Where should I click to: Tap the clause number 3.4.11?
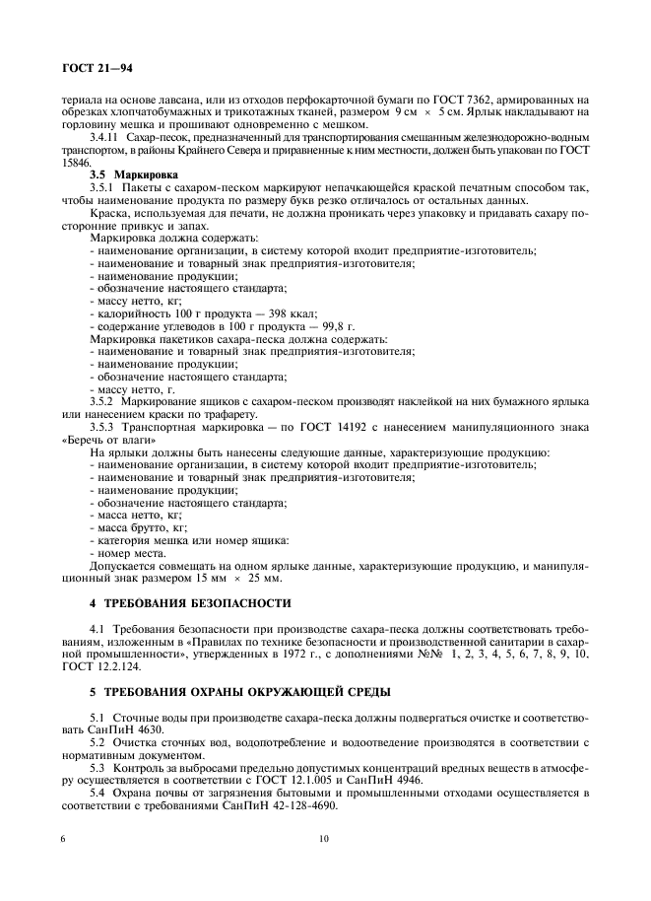(105, 138)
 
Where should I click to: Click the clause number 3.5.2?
(103, 401)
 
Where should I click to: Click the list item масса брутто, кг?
(141, 526)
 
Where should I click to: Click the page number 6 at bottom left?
(63, 839)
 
